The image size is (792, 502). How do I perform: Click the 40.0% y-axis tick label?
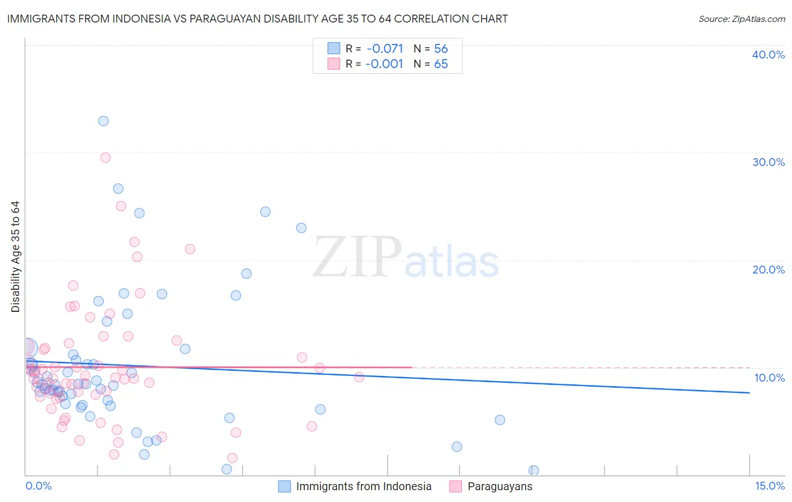[768, 55]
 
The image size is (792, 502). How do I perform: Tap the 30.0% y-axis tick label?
[768, 162]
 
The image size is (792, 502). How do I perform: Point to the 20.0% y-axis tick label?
[768, 270]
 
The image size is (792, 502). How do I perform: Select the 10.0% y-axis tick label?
[769, 378]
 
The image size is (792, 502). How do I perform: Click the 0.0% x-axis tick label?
[38, 486]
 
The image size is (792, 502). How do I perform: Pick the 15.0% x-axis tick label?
[769, 486]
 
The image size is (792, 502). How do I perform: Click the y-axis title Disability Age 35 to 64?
[15, 257]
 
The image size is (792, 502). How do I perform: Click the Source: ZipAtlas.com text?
[741, 19]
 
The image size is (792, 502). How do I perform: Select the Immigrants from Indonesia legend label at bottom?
[363, 486]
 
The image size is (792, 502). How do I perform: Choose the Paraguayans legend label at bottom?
[500, 486]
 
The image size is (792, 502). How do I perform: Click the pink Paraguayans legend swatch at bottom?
[455, 486]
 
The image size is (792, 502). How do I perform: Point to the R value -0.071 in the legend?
[385, 49]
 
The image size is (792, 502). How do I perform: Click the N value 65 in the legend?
[441, 64]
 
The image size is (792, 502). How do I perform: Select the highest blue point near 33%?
[103, 121]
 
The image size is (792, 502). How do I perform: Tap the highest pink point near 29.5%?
[105, 158]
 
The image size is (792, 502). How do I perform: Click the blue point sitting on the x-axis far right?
[533, 470]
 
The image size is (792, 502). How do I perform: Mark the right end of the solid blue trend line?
[749, 393]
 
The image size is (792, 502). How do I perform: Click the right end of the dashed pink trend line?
[749, 367]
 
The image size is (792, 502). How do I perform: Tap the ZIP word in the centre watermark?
[357, 257]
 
